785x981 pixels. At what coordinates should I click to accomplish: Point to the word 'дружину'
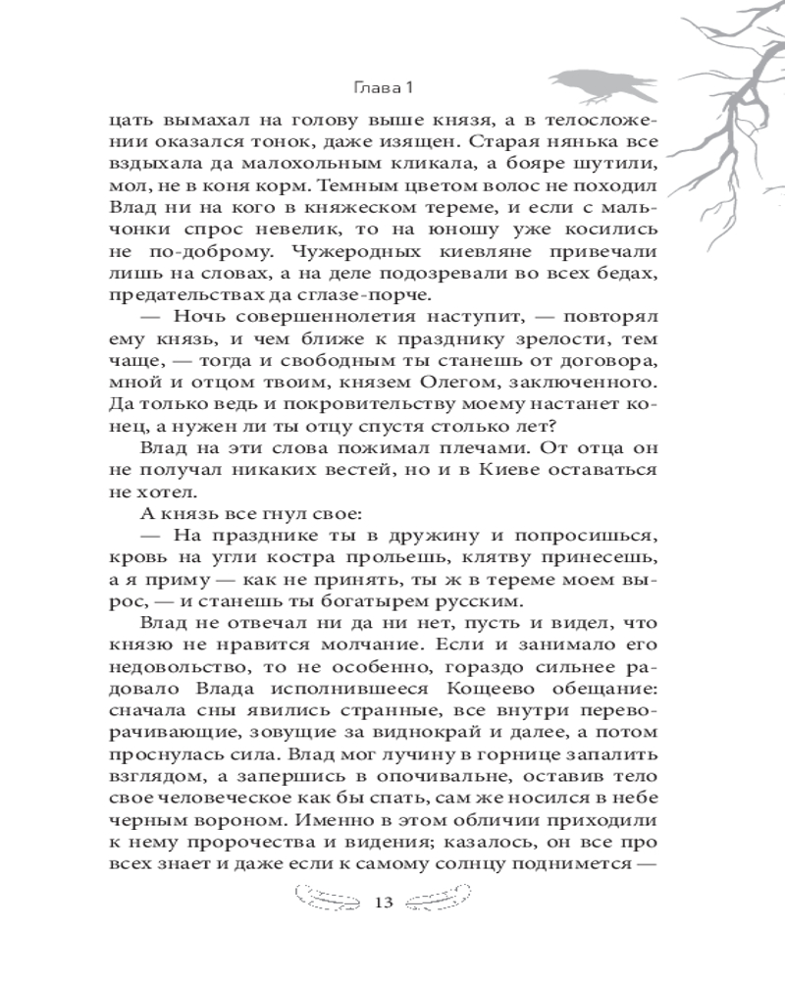[x=402, y=534]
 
